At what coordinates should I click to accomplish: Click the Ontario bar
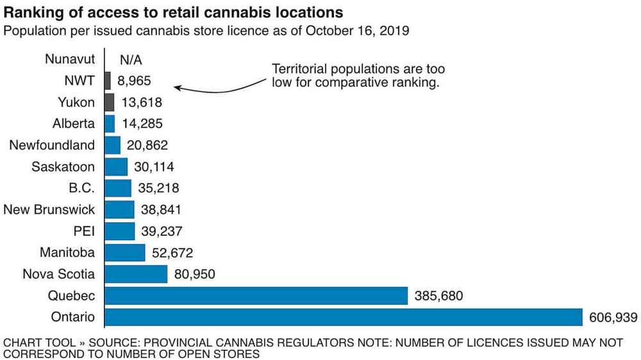pos(343,317)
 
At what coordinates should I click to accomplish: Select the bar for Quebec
pos(256,296)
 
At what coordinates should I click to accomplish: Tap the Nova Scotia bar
pos(135,274)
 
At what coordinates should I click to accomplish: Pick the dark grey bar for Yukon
pos(109,102)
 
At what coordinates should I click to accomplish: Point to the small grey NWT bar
pos(107,81)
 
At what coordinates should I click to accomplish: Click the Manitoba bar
pos(124,252)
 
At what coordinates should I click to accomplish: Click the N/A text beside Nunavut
pos(131,60)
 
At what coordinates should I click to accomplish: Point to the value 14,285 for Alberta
pos(141,124)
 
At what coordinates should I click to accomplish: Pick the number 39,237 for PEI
pos(162,231)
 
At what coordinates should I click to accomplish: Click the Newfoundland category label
pos(52,145)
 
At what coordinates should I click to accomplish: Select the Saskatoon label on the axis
pos(63,167)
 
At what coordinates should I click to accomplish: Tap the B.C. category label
pos(81,188)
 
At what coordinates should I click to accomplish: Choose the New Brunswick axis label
pos(49,209)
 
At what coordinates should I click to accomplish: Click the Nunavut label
pos(70,60)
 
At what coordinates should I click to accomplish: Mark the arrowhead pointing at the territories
pos(178,87)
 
